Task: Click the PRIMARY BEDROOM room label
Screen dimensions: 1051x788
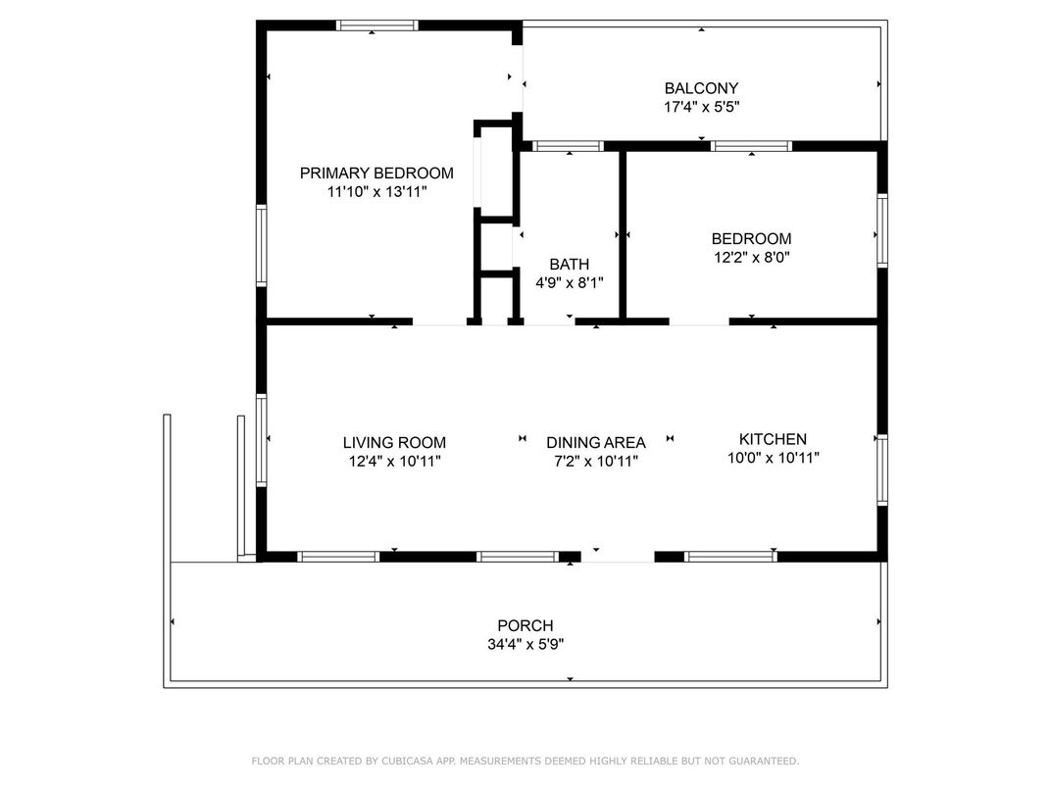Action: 376,172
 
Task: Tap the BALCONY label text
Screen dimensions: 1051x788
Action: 701,88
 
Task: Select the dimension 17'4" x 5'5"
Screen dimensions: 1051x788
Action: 701,107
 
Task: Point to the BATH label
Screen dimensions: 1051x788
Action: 569,264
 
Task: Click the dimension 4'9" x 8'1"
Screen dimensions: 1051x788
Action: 569,283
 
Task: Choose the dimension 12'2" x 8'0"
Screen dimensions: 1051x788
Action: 751,258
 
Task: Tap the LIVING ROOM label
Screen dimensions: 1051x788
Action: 394,442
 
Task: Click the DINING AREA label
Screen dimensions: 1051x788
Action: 596,442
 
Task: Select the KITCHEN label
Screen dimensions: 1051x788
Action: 773,439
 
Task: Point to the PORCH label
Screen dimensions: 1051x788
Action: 525,625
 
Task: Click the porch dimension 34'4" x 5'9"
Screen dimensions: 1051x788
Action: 525,644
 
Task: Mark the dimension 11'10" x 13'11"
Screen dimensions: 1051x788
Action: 376,192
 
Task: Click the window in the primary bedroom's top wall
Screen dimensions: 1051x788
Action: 376,25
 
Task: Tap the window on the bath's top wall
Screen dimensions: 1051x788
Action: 569,146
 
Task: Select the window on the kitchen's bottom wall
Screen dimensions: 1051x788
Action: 730,556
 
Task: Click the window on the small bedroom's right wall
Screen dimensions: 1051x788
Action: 882,230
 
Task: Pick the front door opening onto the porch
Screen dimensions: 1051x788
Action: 618,558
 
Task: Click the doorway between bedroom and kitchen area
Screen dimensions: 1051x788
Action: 699,322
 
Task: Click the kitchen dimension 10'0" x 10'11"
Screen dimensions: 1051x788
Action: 773,458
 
